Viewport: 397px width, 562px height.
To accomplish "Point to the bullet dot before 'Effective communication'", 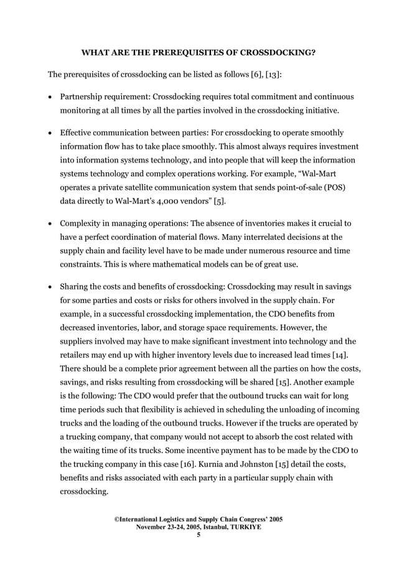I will click(x=50, y=133).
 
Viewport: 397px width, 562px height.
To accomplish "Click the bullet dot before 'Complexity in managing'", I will click(x=50, y=223).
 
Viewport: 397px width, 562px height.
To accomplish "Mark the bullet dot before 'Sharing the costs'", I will click(x=50, y=286).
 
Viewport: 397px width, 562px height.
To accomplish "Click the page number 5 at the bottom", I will click(x=198, y=534).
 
